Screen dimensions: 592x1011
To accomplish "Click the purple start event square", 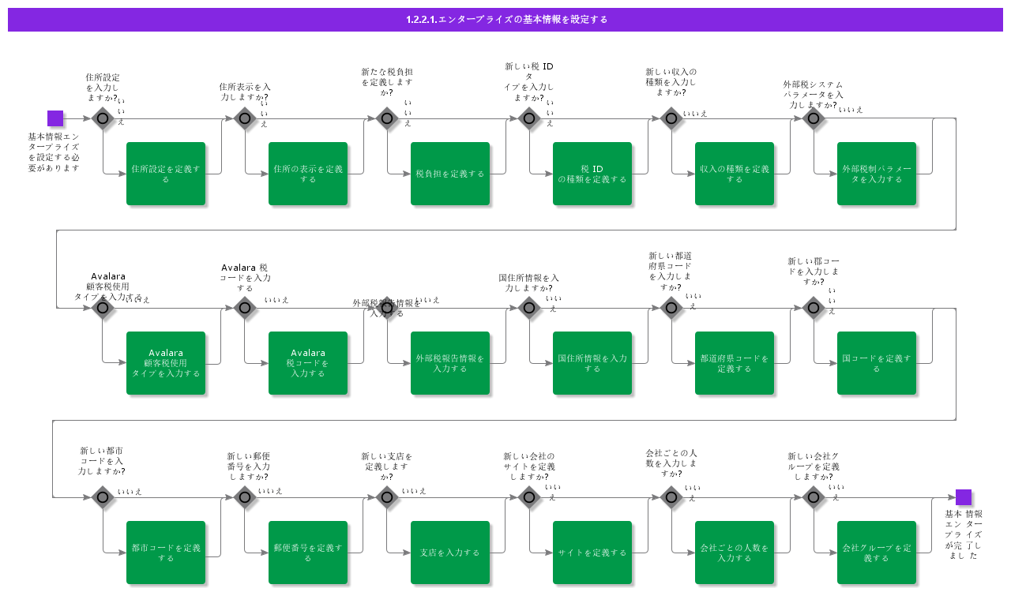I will [x=55, y=118].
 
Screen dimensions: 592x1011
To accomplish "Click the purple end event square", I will [x=963, y=497].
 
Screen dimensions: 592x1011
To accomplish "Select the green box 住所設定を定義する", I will [x=166, y=174].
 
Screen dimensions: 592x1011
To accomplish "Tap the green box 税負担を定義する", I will [x=450, y=174].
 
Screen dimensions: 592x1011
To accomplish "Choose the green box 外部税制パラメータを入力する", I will [x=877, y=174].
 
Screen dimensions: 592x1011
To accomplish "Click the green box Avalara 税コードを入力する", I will [x=308, y=363].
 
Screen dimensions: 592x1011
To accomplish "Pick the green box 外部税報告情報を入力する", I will [x=450, y=363].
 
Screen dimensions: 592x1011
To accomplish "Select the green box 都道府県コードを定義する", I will [x=735, y=363].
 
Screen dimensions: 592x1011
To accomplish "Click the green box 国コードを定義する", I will [x=877, y=363].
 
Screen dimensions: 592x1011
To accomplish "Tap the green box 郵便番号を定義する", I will [x=308, y=553].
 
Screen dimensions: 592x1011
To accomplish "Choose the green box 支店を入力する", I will [x=450, y=553].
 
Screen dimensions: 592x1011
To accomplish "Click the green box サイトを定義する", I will [x=592, y=553].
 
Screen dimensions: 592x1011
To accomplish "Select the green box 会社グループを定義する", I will [x=877, y=553].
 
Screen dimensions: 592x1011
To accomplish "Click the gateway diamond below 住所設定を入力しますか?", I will [x=103, y=118].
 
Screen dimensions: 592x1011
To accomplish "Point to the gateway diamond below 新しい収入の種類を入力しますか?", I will [x=671, y=118].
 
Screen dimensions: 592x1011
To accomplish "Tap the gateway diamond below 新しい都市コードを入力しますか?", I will [x=103, y=497].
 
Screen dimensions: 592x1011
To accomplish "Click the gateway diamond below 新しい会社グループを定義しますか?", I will [x=814, y=497].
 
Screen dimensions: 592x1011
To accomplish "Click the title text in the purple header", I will [x=505, y=20].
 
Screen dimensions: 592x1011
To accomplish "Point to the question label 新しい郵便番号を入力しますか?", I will [x=249, y=466].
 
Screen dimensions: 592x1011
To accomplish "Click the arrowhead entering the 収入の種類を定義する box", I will [x=691, y=174].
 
